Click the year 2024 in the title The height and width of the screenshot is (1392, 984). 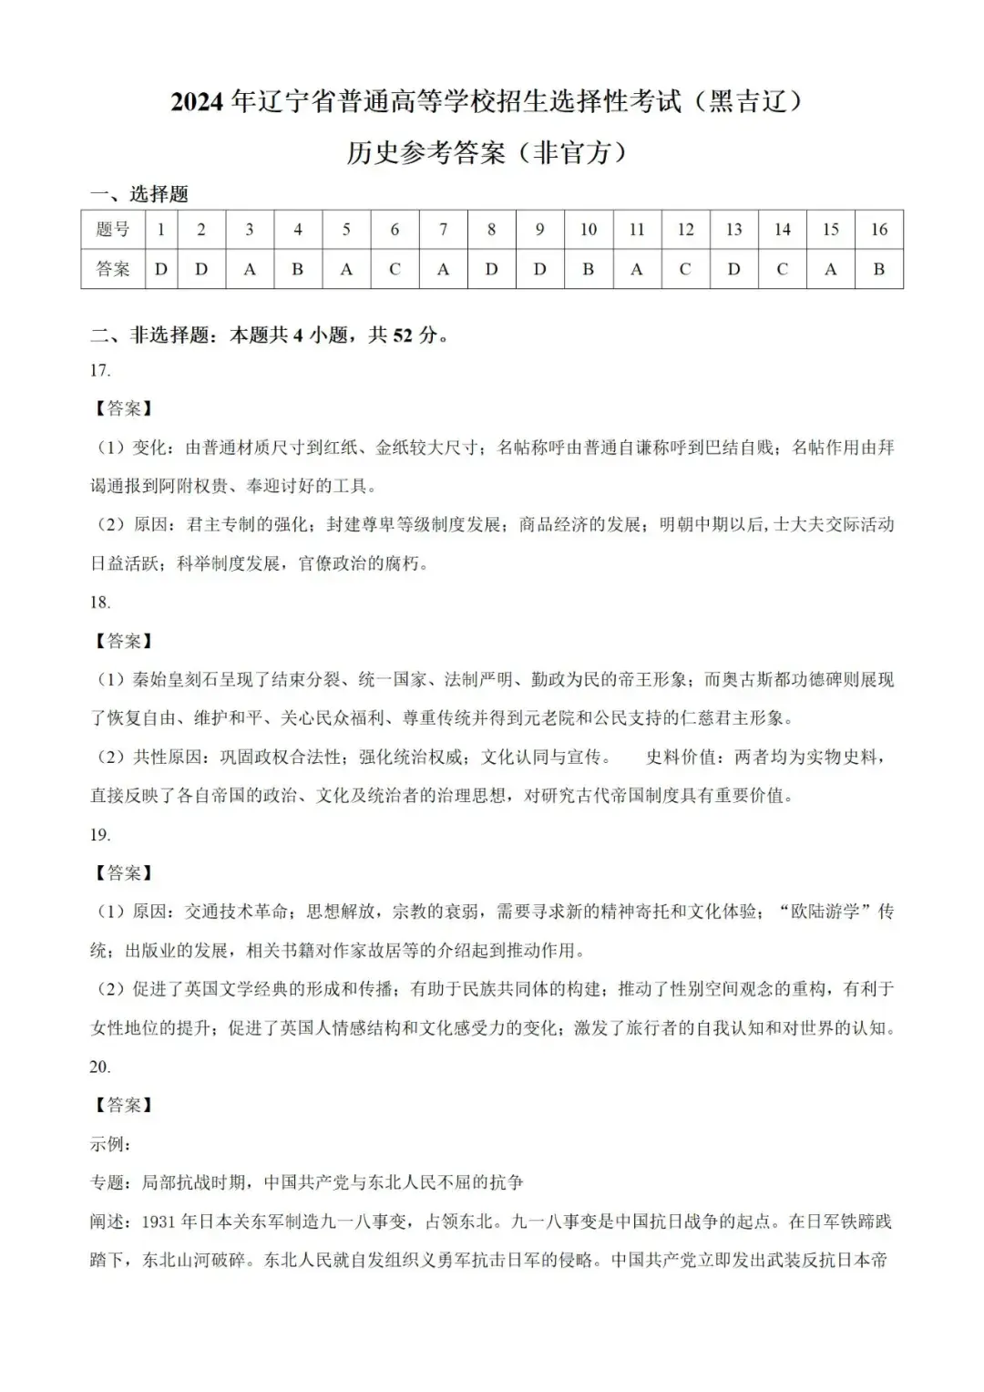pos(197,102)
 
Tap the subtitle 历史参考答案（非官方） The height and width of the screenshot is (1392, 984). pos(487,152)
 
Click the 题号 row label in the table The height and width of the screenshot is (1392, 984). pos(113,230)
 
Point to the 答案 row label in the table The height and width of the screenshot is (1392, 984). pos(113,269)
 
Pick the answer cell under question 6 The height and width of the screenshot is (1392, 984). pos(395,269)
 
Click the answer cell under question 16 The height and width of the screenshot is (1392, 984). pos(878,269)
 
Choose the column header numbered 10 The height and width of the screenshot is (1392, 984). pos(588,230)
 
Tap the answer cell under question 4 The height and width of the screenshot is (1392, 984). pos(297,269)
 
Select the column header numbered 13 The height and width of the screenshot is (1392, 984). pos(733,230)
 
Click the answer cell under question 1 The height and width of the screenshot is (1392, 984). pos(161,269)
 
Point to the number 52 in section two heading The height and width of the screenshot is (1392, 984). pos(403,335)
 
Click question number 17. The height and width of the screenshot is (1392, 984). pos(100,370)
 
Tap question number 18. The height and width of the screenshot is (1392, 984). pos(100,602)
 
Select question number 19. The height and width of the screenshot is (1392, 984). pos(100,834)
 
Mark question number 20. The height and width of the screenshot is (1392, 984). pos(100,1067)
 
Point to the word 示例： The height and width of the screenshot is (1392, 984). pos(110,1144)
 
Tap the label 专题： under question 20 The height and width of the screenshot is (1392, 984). pos(110,1182)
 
